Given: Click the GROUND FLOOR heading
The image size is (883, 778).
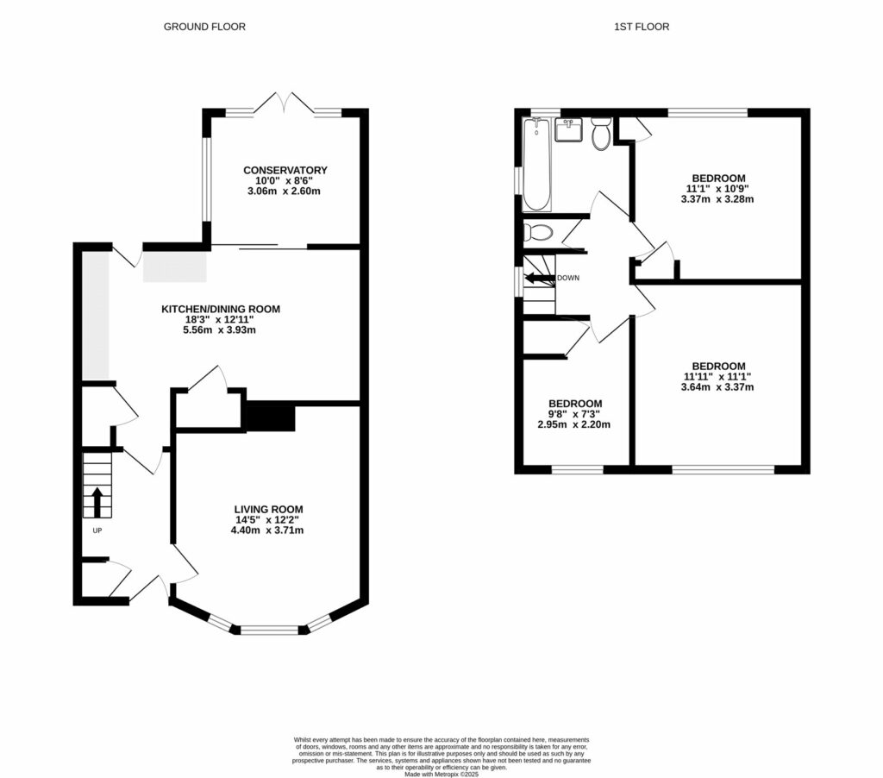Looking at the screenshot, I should [204, 27].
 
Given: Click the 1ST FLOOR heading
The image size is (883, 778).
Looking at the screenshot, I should [642, 27].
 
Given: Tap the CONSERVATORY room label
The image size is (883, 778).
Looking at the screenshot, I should [285, 170].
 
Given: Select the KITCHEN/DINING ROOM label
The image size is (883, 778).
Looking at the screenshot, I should [221, 309].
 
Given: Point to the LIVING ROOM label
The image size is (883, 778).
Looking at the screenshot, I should [267, 509].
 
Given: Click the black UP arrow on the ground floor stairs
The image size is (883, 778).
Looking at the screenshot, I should [97, 500].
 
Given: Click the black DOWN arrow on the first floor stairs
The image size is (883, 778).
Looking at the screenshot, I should [539, 278].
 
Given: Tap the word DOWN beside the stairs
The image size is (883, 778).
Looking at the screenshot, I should [568, 278].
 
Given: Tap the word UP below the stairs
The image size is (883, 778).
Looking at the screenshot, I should [97, 530].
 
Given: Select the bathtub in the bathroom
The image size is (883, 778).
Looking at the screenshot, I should [536, 164].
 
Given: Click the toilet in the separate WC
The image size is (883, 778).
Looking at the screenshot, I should [540, 232].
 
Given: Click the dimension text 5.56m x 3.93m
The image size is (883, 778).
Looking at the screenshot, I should [221, 329].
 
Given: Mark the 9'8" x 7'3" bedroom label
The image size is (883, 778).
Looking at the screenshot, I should [575, 414].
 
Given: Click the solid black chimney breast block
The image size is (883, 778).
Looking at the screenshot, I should [271, 416].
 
